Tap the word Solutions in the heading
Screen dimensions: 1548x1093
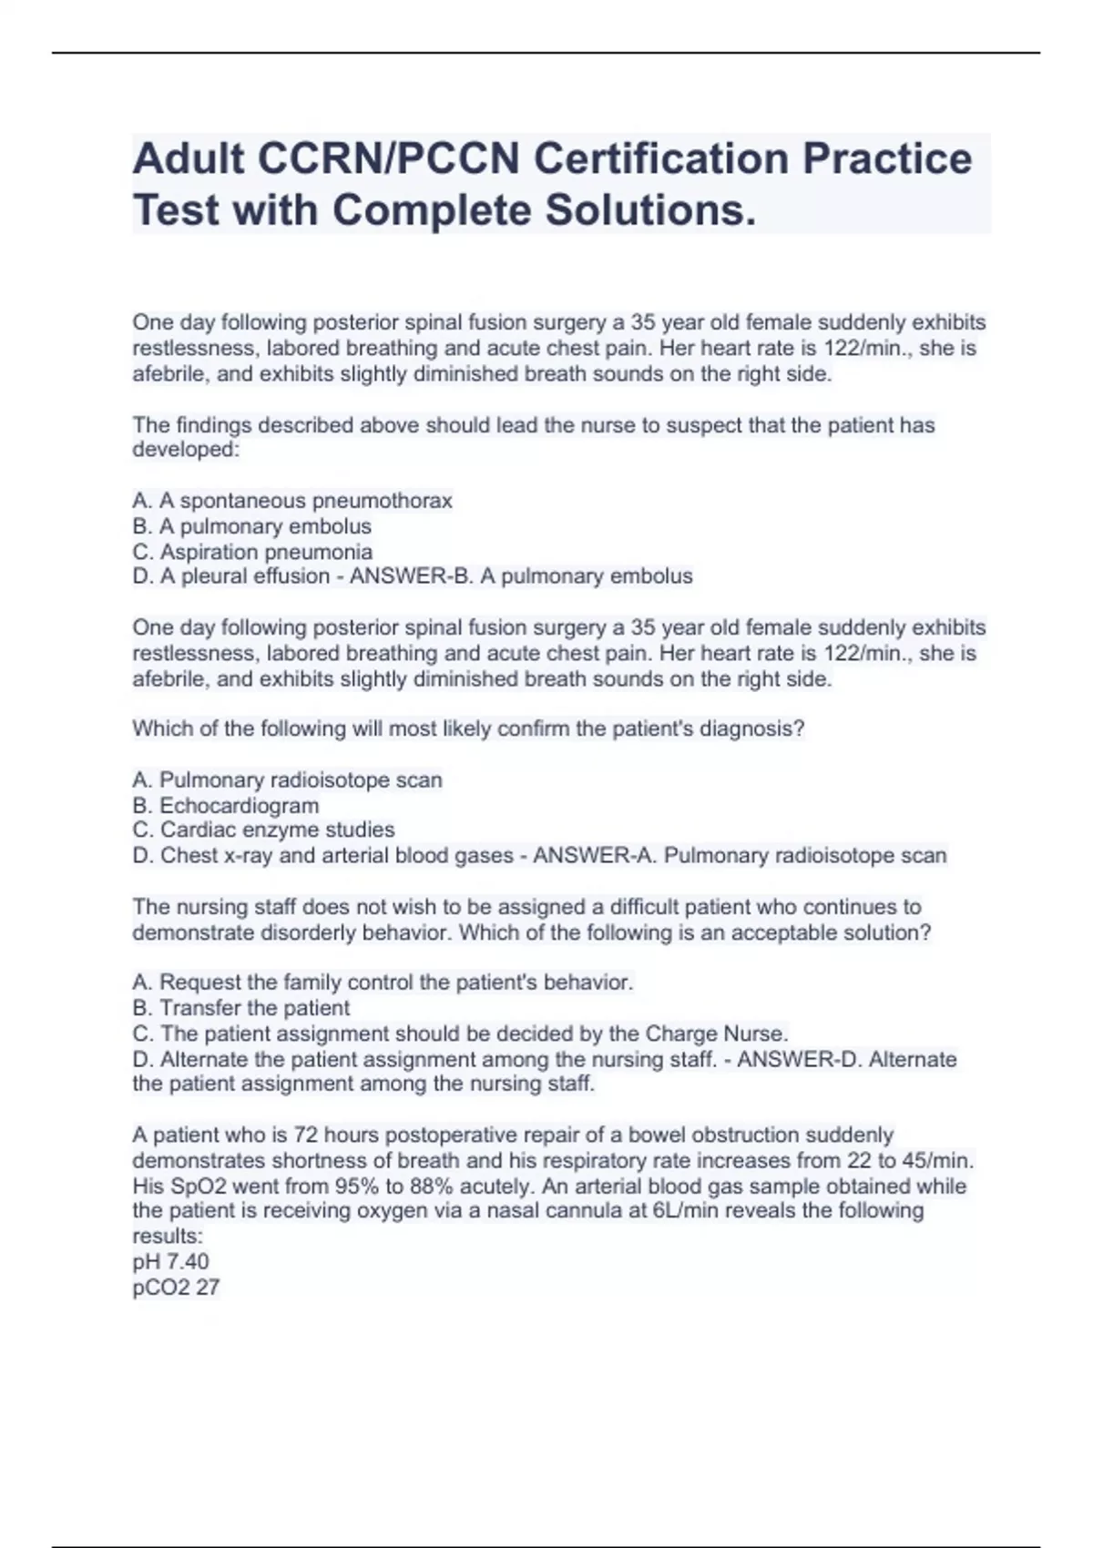pyautogui.click(x=650, y=210)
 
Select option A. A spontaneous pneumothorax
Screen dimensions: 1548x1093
pyautogui.click(x=292, y=501)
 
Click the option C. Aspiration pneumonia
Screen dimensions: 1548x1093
pyautogui.click(x=252, y=552)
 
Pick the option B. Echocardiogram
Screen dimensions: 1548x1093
pyautogui.click(x=226, y=806)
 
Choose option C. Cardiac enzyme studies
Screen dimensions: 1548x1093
pyautogui.click(x=263, y=830)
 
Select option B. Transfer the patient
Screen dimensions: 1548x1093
pyautogui.click(x=241, y=1008)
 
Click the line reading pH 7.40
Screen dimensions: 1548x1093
pyautogui.click(x=170, y=1261)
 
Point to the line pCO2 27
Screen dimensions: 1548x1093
pyautogui.click(x=176, y=1287)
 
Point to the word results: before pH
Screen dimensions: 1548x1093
pyautogui.click(x=168, y=1236)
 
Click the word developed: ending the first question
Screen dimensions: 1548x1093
pyautogui.click(x=186, y=450)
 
